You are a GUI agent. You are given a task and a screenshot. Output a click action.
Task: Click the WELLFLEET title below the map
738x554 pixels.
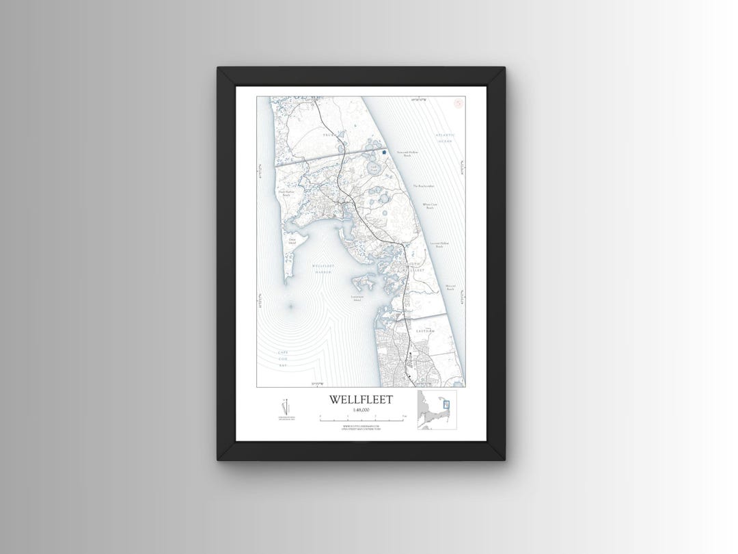coord(361,399)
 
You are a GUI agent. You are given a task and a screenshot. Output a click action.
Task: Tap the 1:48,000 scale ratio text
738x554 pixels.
coord(361,410)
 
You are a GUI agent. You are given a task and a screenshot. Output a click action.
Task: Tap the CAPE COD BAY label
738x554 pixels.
coord(283,358)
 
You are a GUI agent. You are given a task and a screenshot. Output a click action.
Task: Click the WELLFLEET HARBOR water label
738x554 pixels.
coord(322,268)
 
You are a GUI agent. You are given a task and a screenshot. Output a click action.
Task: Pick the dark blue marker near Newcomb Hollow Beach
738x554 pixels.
coord(384,152)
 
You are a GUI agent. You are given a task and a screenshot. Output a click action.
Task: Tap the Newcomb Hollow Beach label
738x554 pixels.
coord(407,154)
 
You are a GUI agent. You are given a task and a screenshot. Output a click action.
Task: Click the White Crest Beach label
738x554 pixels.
coord(430,205)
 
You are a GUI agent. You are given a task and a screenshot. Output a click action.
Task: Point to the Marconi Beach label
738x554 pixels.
coord(450,288)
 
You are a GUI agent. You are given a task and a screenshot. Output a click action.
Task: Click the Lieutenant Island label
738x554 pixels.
coord(361,298)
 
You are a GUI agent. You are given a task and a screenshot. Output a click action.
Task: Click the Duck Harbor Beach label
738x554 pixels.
coord(286,194)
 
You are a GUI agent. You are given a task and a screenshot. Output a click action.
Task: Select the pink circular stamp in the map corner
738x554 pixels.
coord(459,103)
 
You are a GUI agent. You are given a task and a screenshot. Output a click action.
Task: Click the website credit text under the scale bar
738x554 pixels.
coord(361,427)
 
